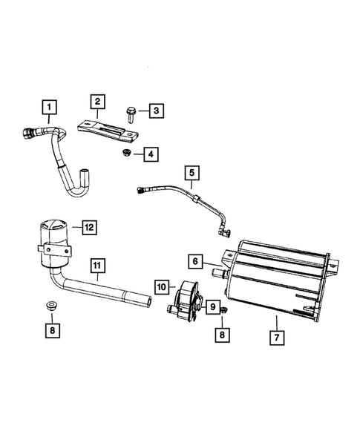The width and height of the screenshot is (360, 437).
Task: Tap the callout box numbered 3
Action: pyautogui.click(x=155, y=111)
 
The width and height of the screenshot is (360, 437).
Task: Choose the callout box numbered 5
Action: pyautogui.click(x=192, y=174)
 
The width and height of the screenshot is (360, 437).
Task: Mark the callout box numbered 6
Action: pyautogui.click(x=194, y=261)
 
